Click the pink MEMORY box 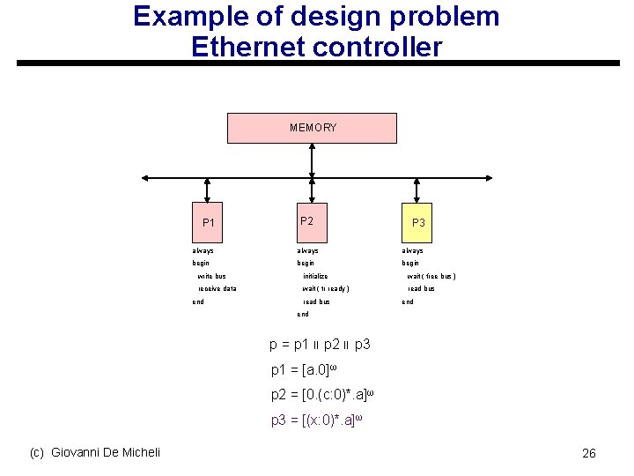pos(313,128)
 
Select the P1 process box pos(208,222)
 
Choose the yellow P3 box pos(418,222)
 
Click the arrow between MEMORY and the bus pos(313,160)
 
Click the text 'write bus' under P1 pos(211,276)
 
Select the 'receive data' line pos(217,288)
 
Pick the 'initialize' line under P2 pos(315,276)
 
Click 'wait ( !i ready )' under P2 pos(326,288)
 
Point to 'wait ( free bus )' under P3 pos(431,276)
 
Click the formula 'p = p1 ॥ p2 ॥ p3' pos(320,345)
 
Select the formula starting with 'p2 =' pos(324,394)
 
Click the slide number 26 pos(589,453)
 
